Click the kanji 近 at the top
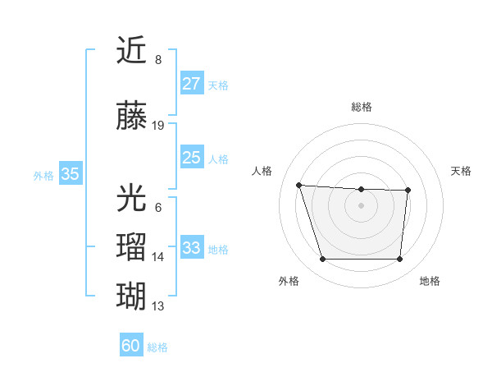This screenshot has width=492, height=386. point(132,51)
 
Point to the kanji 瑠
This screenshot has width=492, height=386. point(132,247)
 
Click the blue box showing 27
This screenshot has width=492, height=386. point(191,84)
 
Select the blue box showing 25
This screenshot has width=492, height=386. point(191,158)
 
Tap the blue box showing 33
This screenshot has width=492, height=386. point(191,247)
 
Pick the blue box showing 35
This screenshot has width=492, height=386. point(70,174)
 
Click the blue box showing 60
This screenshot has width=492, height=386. point(131,346)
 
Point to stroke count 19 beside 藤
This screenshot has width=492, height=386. point(158,126)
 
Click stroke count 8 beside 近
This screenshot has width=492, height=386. point(158,60)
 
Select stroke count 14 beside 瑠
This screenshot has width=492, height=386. point(158,257)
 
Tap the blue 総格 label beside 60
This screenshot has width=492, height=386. point(157,347)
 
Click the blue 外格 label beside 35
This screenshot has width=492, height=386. point(43,175)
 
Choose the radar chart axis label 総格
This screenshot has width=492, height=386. point(361,107)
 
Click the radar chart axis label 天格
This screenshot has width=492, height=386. point(461,171)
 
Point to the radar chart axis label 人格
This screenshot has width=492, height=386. point(262,171)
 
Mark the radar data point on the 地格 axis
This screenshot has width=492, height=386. point(399,260)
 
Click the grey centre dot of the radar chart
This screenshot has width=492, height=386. point(361,204)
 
